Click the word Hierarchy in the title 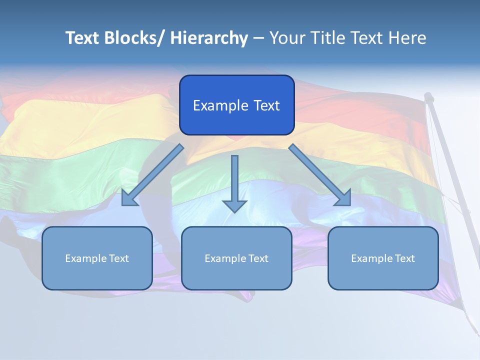(209, 38)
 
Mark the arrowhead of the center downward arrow (234, 206)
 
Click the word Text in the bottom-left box (119, 258)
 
